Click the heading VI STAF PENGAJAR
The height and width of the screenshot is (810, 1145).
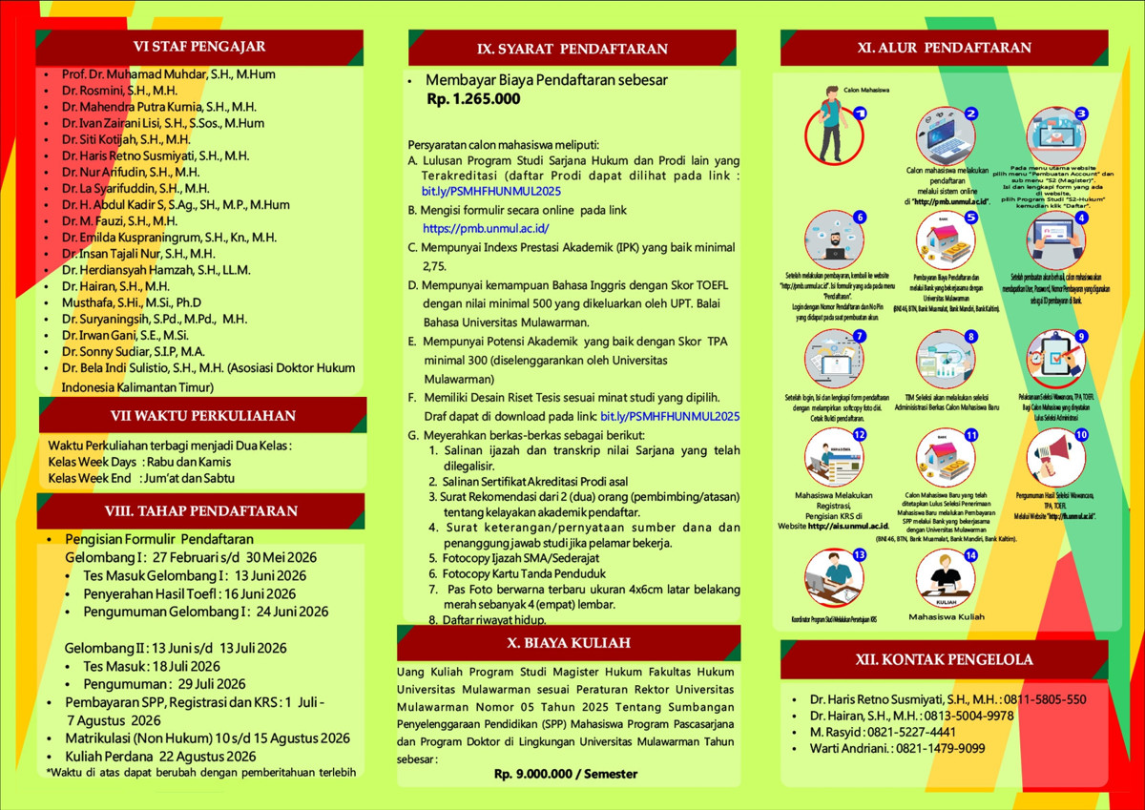[x=199, y=46]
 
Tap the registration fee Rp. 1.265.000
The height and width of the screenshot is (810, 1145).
[x=473, y=98]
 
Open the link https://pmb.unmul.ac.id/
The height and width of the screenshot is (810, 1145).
[x=486, y=229]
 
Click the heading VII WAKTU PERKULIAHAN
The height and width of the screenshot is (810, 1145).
[x=202, y=416]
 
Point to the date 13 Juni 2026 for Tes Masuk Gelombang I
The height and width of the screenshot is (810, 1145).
[x=270, y=575]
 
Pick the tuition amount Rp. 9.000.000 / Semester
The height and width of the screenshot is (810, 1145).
[x=566, y=774]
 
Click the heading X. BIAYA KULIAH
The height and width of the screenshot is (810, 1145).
[x=568, y=642]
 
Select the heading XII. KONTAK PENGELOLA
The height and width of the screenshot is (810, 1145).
[x=944, y=659]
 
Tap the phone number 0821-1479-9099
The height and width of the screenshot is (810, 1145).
[x=940, y=749]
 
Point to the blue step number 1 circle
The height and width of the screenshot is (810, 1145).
[x=860, y=113]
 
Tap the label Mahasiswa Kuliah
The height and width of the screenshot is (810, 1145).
[x=946, y=617]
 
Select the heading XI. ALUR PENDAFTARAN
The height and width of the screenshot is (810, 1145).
[x=944, y=48]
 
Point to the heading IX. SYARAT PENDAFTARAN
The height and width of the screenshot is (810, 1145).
[x=572, y=49]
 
